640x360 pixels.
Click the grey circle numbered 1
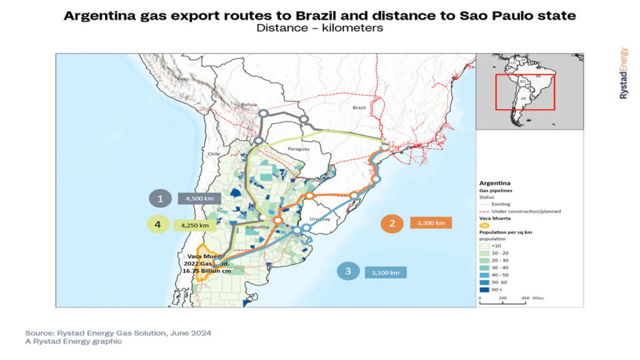160,199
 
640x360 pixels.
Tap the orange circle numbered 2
392,223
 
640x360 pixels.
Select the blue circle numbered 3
348,272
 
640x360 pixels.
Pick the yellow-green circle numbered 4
159,224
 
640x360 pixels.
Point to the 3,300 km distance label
431,223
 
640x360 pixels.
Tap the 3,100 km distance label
386,272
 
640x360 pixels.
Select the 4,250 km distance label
194,225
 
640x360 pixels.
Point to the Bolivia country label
249,104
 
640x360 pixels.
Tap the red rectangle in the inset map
524,92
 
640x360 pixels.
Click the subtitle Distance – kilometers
319,28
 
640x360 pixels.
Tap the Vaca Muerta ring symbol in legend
485,226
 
